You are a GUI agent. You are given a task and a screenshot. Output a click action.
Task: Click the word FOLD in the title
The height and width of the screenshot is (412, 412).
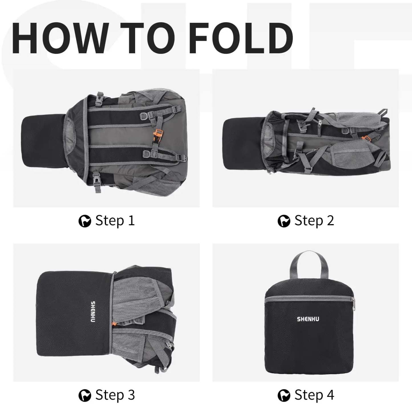tap(241, 38)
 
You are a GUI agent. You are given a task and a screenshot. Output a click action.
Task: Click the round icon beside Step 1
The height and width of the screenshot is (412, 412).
tap(85, 221)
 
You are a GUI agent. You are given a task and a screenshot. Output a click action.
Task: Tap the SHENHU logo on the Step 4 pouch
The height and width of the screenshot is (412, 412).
tap(308, 319)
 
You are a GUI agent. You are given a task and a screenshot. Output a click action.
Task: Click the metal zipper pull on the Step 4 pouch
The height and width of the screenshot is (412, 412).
tap(353, 304)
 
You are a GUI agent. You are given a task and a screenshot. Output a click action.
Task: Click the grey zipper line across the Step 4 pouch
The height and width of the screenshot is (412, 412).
tap(309, 298)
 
